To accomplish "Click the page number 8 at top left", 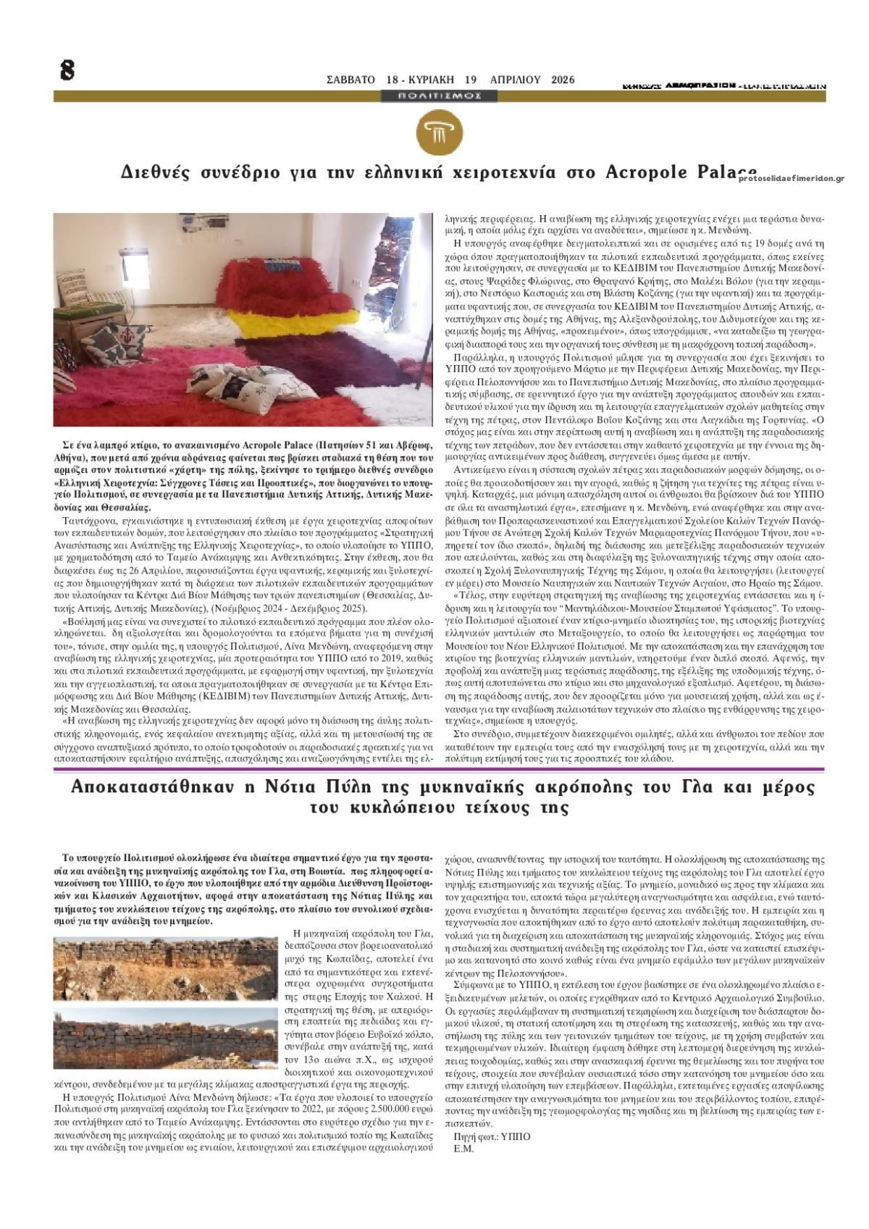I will [67, 70].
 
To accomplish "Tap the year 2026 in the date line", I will [563, 80].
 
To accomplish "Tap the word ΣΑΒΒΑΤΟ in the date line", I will [350, 80].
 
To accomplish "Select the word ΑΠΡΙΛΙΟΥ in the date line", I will [515, 80].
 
